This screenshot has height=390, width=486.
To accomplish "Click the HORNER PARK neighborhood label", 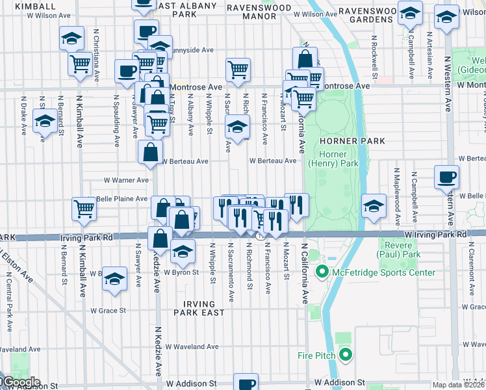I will click(x=352, y=141).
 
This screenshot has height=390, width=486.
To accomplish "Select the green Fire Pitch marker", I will click(x=345, y=355).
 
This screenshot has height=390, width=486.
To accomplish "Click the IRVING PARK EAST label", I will click(x=194, y=308).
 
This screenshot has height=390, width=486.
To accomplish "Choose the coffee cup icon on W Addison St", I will click(x=246, y=382).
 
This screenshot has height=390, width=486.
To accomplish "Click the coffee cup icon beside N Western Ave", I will click(x=446, y=176).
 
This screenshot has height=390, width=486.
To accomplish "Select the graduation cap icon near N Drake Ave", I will click(x=44, y=122).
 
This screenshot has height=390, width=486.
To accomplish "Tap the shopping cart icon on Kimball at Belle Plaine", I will click(x=84, y=209).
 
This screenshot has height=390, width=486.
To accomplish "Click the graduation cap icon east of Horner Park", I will click(x=374, y=205).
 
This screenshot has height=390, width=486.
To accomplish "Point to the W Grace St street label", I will click(x=108, y=311).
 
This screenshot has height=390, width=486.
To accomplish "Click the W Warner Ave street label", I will click(x=126, y=181).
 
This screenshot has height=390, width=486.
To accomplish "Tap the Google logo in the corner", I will click(x=21, y=382).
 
